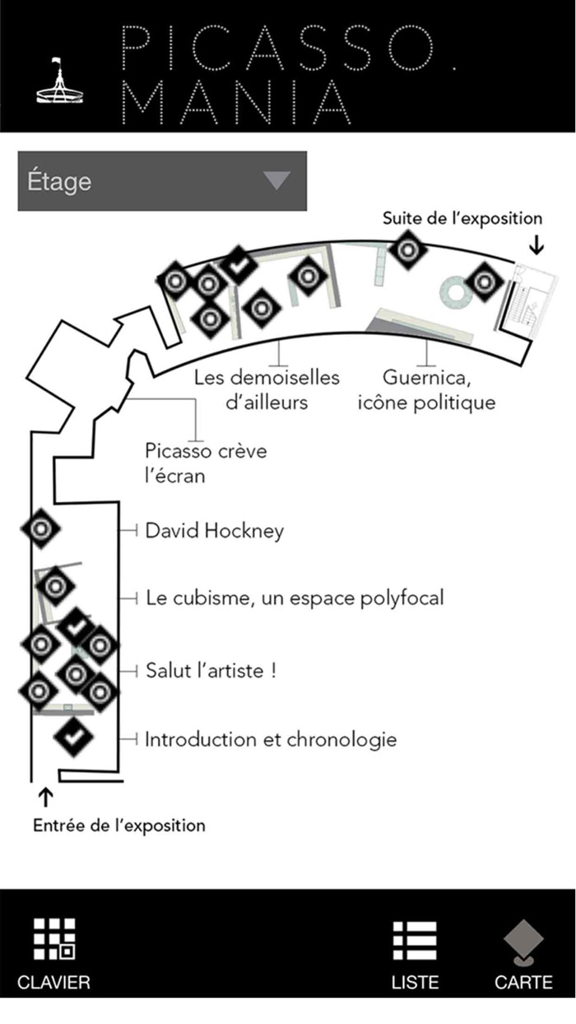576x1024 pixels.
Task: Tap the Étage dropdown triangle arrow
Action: click(x=276, y=180)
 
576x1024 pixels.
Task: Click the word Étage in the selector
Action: click(x=59, y=181)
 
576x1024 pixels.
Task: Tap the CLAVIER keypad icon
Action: click(x=54, y=939)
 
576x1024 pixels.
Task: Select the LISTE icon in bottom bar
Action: click(x=415, y=939)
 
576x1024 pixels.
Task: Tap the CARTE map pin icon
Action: click(x=523, y=942)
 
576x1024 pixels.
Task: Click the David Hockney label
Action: click(x=214, y=530)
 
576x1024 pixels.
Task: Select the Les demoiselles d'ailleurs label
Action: click(x=267, y=390)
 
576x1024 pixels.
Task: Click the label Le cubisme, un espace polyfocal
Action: click(x=294, y=598)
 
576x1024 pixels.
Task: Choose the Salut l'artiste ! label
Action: click(x=210, y=670)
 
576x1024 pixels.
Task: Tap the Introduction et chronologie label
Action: click(x=271, y=739)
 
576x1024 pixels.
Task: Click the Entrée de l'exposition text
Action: click(x=119, y=825)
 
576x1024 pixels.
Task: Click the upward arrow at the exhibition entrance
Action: click(x=45, y=797)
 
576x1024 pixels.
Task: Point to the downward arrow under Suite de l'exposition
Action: click(x=536, y=244)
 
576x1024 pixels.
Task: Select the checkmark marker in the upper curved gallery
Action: click(x=239, y=266)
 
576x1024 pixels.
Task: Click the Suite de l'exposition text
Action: click(x=462, y=219)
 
